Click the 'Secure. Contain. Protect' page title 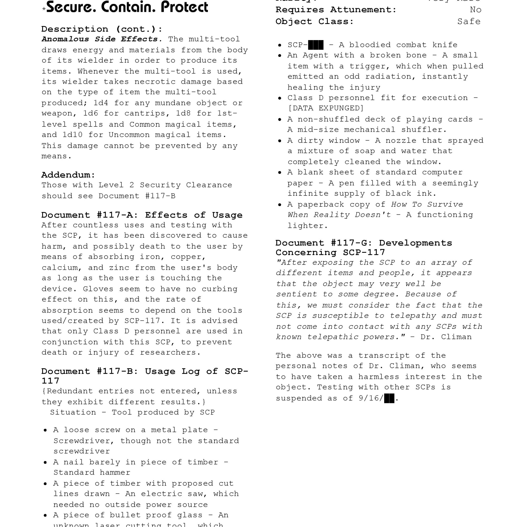[127, 7]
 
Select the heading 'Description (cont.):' [102, 29]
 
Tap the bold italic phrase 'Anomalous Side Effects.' [102, 39]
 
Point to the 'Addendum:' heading [68, 175]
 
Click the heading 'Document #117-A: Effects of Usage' [142, 215]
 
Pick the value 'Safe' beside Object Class [469, 22]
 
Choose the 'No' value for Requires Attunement [475, 10]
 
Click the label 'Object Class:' [315, 22]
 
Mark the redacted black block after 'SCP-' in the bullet [316, 45]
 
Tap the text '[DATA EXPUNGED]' [326, 108]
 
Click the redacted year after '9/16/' [389, 398]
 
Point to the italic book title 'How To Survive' [427, 204]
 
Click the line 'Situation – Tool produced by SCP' [132, 412]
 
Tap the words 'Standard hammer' [92, 472]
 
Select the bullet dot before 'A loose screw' [45, 431]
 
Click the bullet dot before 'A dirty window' [280, 141]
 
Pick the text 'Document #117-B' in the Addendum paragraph [137, 196]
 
